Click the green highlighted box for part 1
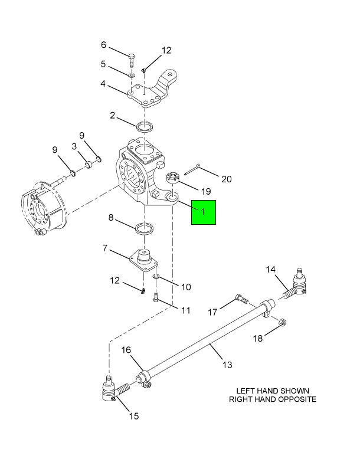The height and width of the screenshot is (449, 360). click(x=204, y=212)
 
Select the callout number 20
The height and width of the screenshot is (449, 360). click(x=226, y=179)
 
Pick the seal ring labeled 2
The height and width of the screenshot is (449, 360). click(x=145, y=127)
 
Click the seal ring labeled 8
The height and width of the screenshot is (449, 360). click(x=145, y=228)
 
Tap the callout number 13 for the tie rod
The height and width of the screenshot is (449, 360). click(x=227, y=365)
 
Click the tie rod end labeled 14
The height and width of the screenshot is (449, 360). click(x=295, y=284)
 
